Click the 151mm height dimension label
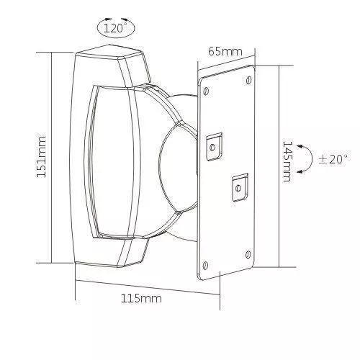[41, 157]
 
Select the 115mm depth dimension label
[141, 299]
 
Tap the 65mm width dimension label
[225, 51]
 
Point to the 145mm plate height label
[287, 161]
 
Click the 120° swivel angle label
[114, 29]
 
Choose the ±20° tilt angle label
[333, 159]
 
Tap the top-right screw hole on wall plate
[249, 80]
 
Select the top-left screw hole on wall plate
[206, 91]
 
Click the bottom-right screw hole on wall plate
[248, 255]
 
